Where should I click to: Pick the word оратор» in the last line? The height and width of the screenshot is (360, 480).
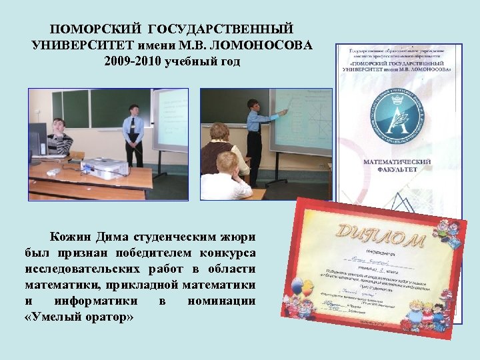tap(109, 317)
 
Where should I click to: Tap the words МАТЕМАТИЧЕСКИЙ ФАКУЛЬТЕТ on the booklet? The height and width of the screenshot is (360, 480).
tap(397, 166)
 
